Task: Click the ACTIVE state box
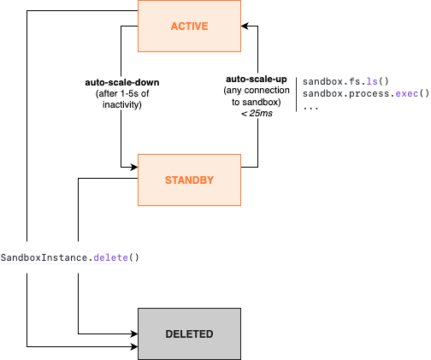click(x=189, y=27)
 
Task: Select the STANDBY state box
click(x=189, y=180)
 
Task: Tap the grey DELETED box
click(x=189, y=333)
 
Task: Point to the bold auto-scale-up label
click(x=256, y=78)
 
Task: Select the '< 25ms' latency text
click(x=256, y=114)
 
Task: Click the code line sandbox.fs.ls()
click(x=345, y=81)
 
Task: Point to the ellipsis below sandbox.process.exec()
click(x=310, y=107)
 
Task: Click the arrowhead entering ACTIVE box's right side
click(x=245, y=25)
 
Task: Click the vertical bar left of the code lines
click(x=296, y=94)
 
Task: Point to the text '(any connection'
click(x=256, y=90)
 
